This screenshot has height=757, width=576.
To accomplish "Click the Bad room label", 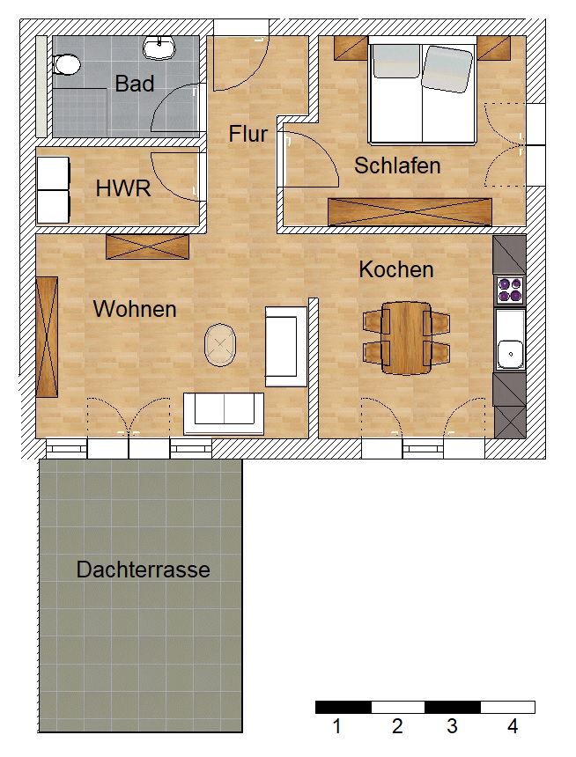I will [x=135, y=84].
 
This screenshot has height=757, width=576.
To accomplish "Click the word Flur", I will [x=247, y=135].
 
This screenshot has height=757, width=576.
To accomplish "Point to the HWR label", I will [x=123, y=188].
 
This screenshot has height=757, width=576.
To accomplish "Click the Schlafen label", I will [x=397, y=165].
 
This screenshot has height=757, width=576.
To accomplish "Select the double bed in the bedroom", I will [x=424, y=92].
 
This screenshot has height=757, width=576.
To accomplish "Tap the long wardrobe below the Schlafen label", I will [x=410, y=212].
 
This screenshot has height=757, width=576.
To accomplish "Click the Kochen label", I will [x=396, y=269].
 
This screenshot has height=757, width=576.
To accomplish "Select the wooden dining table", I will [x=406, y=337].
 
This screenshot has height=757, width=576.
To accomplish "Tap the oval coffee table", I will [x=220, y=345].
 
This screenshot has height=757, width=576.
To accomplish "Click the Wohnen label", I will [x=135, y=309].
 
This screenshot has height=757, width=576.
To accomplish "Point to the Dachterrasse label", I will [x=143, y=570].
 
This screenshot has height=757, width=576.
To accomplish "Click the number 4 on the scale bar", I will [x=512, y=727].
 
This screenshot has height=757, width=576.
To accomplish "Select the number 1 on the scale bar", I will [x=336, y=727].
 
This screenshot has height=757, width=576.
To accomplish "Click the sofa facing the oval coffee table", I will [x=286, y=346].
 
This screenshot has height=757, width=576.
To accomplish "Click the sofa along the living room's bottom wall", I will [x=224, y=413].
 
